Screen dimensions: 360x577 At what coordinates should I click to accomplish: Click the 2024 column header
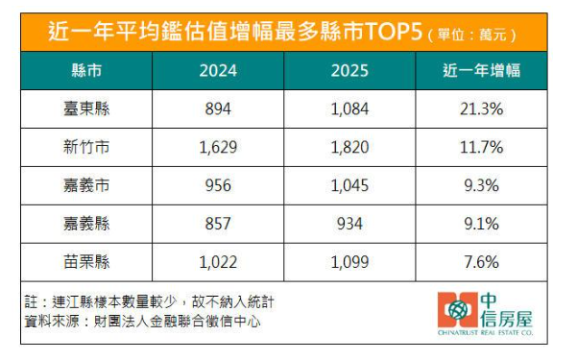pos(219,72)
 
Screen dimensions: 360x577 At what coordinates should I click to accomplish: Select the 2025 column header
pos(349,72)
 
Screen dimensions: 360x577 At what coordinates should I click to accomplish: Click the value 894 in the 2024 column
pos(219,109)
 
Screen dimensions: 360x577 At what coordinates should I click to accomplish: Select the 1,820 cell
pos(349,147)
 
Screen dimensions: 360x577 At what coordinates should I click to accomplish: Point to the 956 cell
pos(219,184)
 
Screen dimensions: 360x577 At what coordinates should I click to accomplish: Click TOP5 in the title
pos(391,33)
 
